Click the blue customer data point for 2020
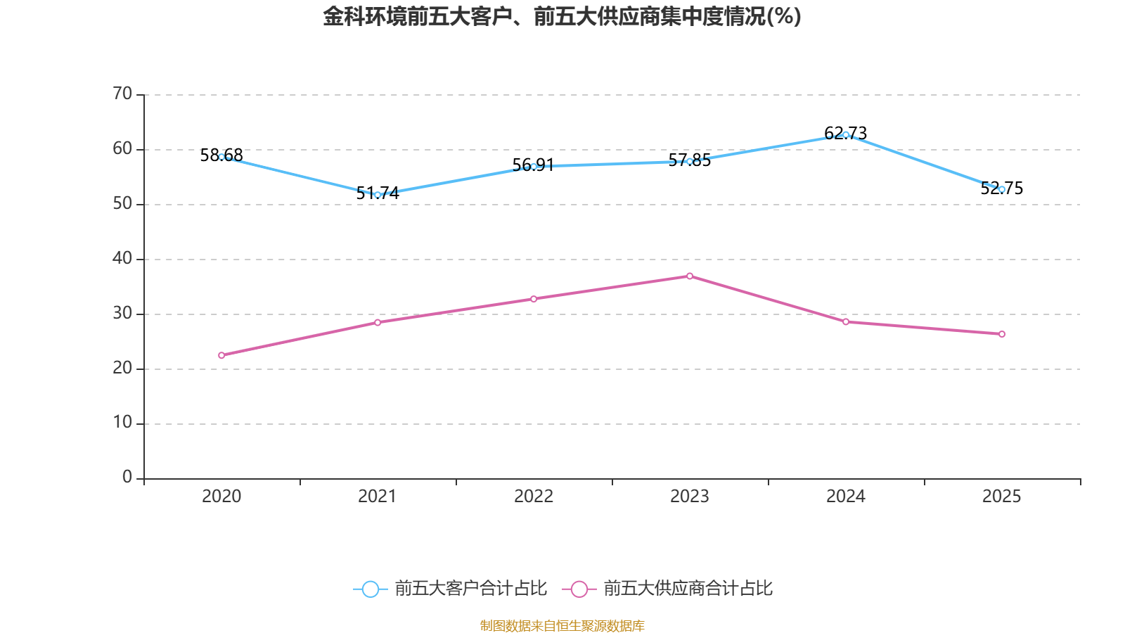pyautogui.click(x=221, y=157)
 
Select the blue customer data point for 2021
pyautogui.click(x=378, y=195)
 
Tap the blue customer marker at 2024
pyautogui.click(x=846, y=134)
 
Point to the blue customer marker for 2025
pyautogui.click(x=1002, y=189)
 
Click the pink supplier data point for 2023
pyautogui.click(x=690, y=276)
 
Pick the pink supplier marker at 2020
pyautogui.click(x=221, y=355)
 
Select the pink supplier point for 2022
pyautogui.click(x=534, y=299)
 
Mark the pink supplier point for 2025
pyautogui.click(x=1002, y=334)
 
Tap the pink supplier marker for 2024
pyautogui.click(x=846, y=322)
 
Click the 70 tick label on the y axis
pyautogui.click(x=122, y=94)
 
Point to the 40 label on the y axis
pyautogui.click(x=122, y=258)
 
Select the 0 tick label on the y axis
pyautogui.click(x=127, y=477)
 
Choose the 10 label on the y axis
pyautogui.click(x=122, y=422)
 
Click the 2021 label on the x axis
pyautogui.click(x=378, y=497)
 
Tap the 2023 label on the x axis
pyautogui.click(x=690, y=497)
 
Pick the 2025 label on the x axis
pyautogui.click(x=1002, y=497)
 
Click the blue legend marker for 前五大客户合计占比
pyautogui.click(x=371, y=589)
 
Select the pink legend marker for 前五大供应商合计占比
pyautogui.click(x=579, y=589)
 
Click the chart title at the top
pyautogui.click(x=562, y=16)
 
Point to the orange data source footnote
pyautogui.click(x=562, y=625)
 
